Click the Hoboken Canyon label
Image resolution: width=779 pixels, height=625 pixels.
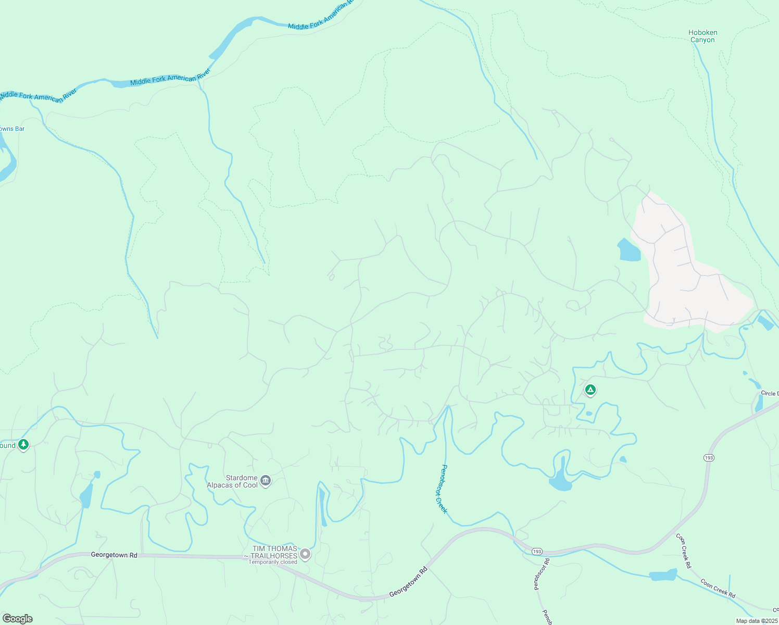tap(702, 36)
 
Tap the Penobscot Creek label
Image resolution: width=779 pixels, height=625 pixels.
tap(441, 489)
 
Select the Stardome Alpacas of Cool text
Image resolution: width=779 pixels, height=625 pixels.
tap(232, 481)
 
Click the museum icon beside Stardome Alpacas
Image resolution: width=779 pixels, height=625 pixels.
tap(266, 481)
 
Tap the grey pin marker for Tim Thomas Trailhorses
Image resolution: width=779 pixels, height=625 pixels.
tap(306, 554)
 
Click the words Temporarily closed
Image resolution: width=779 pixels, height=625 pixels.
tap(272, 562)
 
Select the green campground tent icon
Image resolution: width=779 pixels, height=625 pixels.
tap(590, 390)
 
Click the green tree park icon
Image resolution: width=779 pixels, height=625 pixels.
tap(23, 445)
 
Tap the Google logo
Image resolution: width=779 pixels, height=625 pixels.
tap(18, 619)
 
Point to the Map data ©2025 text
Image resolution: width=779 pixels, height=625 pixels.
tap(756, 621)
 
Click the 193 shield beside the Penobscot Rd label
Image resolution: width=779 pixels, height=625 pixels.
tap(537, 551)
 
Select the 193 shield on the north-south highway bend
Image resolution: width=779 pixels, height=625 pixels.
tap(708, 458)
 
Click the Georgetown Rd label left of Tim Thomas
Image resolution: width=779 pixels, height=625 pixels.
tap(114, 555)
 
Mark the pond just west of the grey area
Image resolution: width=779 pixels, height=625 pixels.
tap(629, 250)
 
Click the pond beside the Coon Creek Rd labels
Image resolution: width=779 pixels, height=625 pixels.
tap(663, 575)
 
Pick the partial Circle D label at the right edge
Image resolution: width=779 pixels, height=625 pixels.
tap(770, 393)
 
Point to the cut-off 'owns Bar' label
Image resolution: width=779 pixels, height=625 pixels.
tap(12, 129)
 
